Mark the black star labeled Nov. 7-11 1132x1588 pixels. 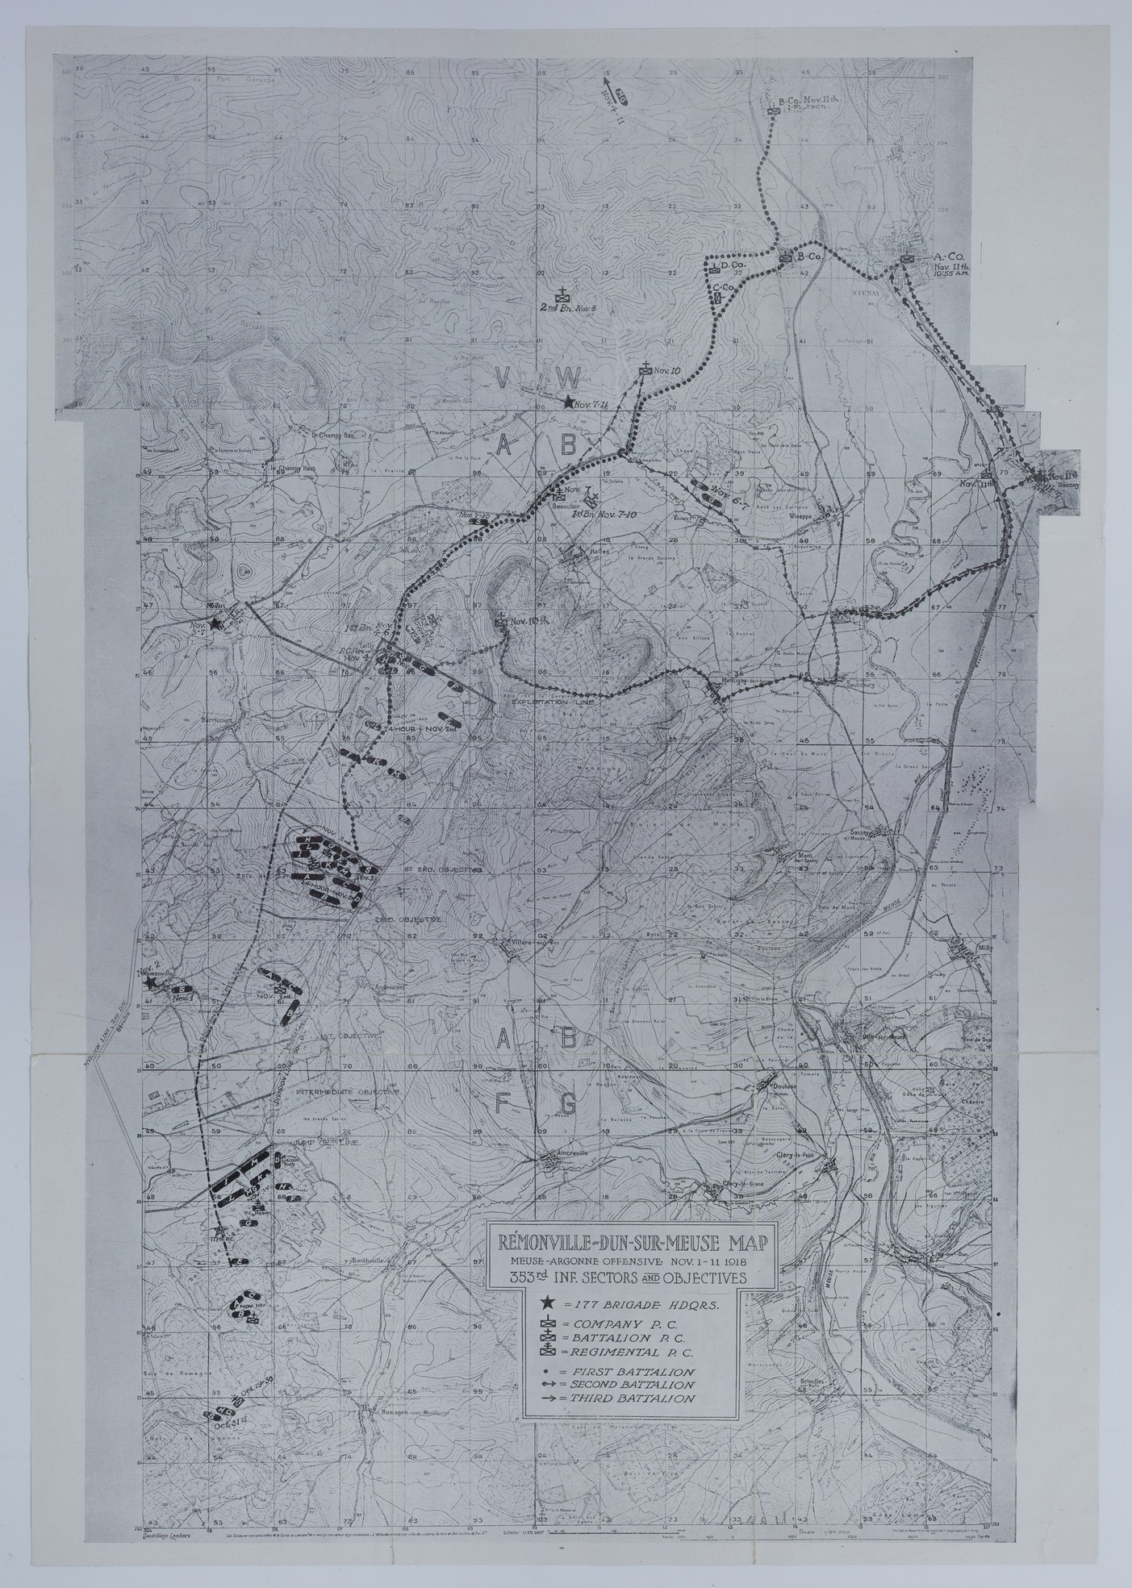click(x=569, y=402)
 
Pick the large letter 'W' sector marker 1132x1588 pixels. click(x=570, y=375)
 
